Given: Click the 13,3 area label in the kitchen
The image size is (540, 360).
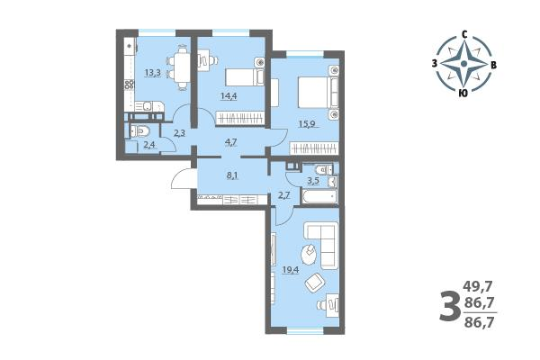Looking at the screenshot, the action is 153,73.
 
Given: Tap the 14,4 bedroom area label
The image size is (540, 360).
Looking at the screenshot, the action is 229,95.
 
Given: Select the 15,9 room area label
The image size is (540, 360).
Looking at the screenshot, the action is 307,123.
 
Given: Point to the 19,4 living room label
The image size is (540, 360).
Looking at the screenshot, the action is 291,269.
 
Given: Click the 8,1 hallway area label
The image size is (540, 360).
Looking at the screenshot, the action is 232,175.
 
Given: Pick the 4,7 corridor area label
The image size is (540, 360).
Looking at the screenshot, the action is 231,141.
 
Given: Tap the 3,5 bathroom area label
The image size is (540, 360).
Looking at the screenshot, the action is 313,182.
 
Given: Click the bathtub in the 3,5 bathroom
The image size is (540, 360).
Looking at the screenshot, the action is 319,196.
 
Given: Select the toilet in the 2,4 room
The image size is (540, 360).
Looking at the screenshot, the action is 141,130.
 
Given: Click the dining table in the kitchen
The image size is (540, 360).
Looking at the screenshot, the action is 182,65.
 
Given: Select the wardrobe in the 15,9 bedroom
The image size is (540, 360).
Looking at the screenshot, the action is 314,148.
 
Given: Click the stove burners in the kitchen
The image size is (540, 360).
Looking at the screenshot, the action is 129,85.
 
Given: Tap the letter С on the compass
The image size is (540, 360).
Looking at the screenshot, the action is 464,34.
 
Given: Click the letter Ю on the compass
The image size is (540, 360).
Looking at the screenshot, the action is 463,93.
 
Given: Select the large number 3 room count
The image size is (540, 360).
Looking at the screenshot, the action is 449,305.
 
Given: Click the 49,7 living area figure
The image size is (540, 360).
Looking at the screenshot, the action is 479,285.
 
